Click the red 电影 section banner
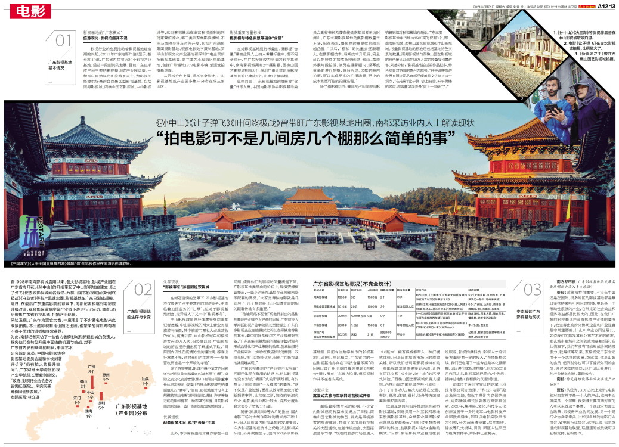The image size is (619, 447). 29,10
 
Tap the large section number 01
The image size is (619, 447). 65,41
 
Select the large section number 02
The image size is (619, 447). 144,290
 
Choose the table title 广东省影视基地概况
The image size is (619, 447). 347,284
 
